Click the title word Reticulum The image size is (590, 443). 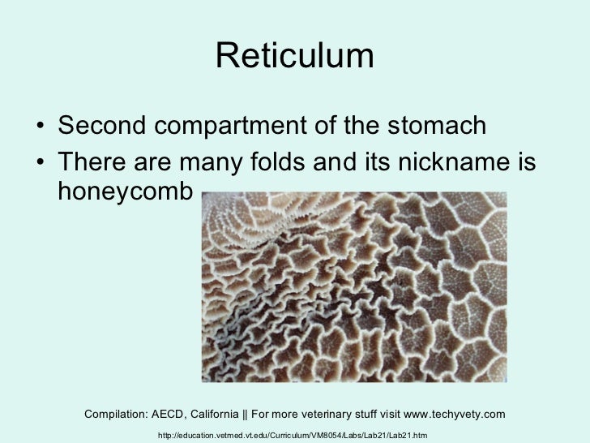coord(295,57)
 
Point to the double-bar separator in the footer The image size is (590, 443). coord(259,415)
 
